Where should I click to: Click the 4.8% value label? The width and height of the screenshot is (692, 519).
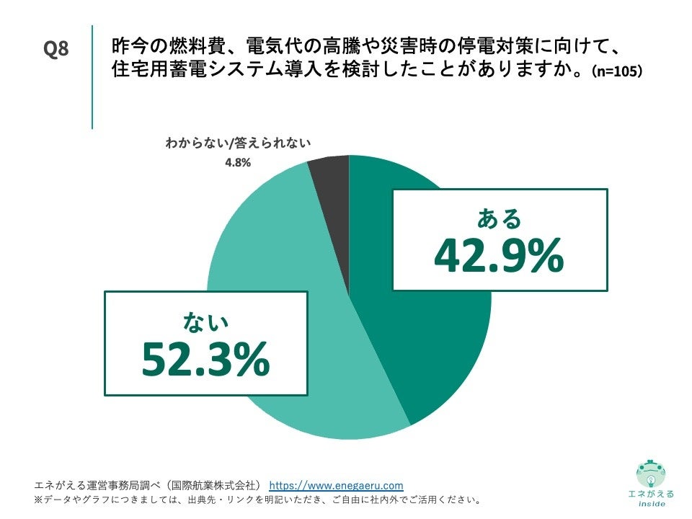pyautogui.click(x=237, y=163)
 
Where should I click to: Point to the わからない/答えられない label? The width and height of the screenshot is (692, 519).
pyautogui.click(x=237, y=143)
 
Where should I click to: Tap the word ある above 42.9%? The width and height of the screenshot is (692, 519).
pyautogui.click(x=499, y=218)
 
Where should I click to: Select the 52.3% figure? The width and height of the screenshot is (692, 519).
pyautogui.click(x=205, y=358)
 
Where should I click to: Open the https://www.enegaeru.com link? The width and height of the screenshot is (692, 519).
pyautogui.click(x=336, y=485)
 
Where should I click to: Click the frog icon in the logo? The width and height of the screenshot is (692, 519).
pyautogui.click(x=651, y=473)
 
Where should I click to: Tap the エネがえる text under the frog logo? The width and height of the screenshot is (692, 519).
pyautogui.click(x=651, y=494)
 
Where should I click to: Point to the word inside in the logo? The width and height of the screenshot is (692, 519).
pyautogui.click(x=651, y=504)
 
